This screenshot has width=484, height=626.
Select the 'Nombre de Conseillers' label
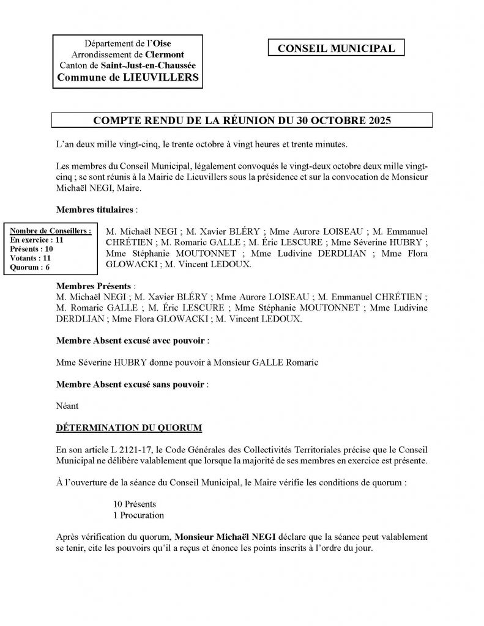click(x=51, y=230)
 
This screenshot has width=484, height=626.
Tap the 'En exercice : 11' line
click(x=37, y=240)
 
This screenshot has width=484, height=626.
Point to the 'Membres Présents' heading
click(x=94, y=285)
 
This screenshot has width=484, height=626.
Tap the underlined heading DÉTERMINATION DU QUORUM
click(x=129, y=426)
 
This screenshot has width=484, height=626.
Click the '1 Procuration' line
click(x=138, y=515)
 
